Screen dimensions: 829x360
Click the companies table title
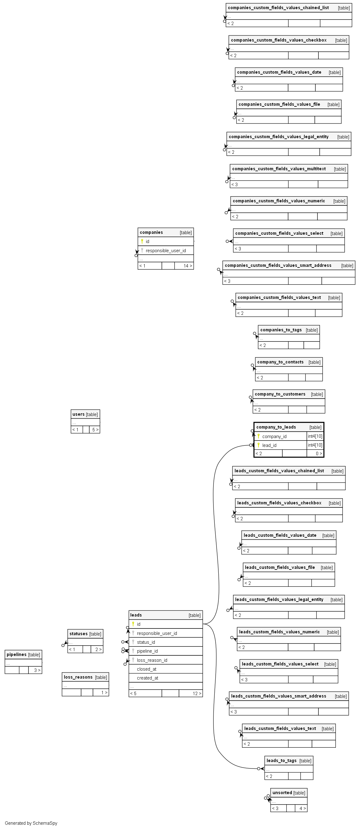click(x=151, y=232)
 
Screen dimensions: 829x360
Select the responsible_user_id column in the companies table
click(x=165, y=250)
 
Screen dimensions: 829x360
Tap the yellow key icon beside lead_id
click(x=258, y=445)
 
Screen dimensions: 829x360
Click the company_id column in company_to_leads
click(x=274, y=437)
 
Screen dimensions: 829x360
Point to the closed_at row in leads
click(x=147, y=669)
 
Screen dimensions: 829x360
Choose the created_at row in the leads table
click(x=147, y=678)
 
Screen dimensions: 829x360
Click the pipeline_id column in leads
click(x=147, y=651)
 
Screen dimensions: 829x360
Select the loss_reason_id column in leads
click(x=152, y=660)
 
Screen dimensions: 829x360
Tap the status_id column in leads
click(x=146, y=642)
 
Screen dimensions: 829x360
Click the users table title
click(x=78, y=414)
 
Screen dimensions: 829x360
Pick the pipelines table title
click(x=17, y=654)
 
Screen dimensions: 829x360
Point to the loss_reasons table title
click(x=78, y=677)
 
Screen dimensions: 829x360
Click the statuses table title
click(x=79, y=634)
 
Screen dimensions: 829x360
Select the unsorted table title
click(x=282, y=793)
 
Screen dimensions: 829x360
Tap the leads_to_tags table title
click(x=281, y=761)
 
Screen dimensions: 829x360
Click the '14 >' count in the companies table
click(x=188, y=266)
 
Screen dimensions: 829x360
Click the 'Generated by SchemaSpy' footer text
click(x=31, y=823)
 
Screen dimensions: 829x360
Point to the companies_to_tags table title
click(x=281, y=330)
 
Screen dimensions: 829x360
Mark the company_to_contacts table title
click(x=280, y=362)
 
